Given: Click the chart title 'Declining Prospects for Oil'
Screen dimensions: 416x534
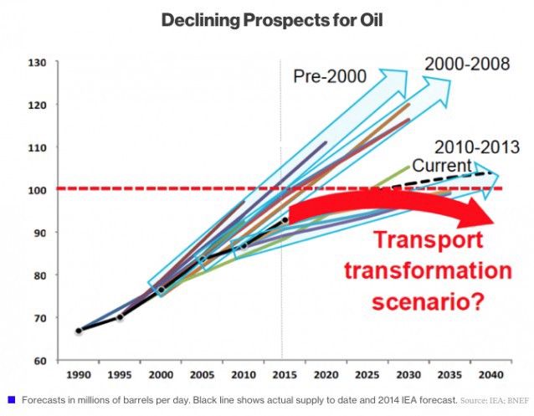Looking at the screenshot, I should (x=266, y=19).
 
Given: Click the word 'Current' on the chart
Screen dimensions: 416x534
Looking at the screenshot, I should (x=441, y=166).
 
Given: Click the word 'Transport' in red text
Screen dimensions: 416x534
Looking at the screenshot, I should (x=428, y=240).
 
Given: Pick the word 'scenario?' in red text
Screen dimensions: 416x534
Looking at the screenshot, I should (x=441, y=300).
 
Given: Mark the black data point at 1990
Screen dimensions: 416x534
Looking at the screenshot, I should (x=79, y=331).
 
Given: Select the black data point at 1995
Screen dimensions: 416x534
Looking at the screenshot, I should (x=120, y=317).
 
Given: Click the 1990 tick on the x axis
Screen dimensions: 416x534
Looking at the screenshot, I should (x=78, y=374).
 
